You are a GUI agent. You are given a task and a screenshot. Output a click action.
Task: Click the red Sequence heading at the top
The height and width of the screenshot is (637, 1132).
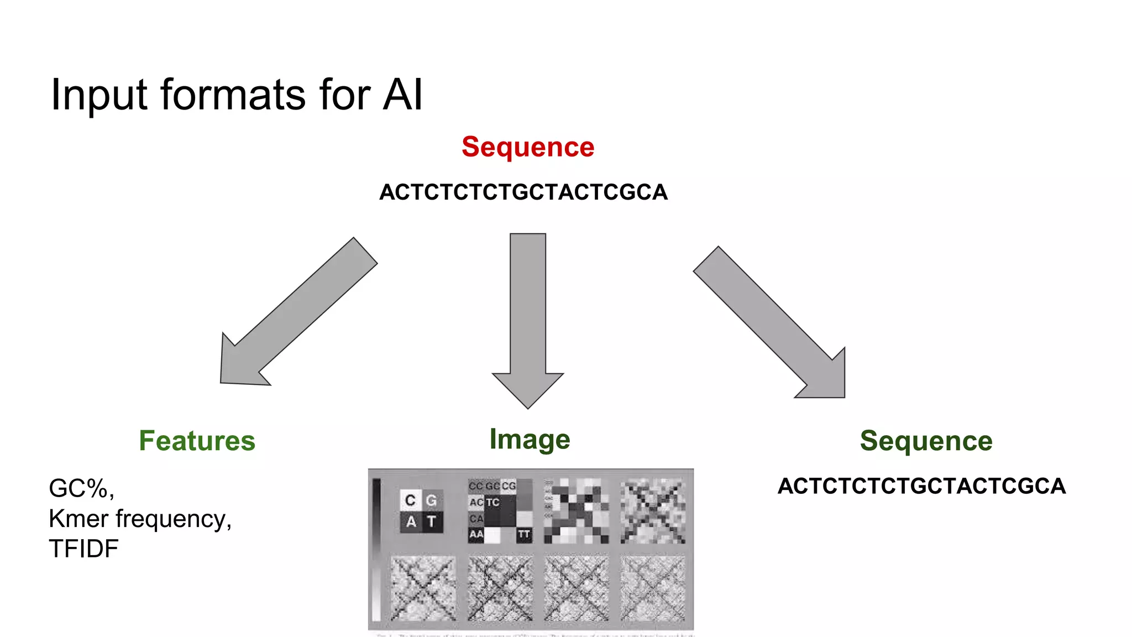[x=528, y=147]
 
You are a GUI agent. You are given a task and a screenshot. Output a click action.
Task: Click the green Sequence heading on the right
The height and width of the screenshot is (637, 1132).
[x=926, y=441]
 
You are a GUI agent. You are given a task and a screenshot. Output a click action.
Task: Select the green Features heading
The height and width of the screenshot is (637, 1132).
[x=197, y=441]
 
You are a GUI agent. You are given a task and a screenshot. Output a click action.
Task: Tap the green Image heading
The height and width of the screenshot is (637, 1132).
[x=530, y=440]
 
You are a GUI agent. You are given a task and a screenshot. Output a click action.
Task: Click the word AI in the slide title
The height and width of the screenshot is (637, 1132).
[x=403, y=95]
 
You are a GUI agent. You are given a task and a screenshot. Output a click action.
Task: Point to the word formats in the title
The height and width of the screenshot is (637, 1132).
[x=233, y=95]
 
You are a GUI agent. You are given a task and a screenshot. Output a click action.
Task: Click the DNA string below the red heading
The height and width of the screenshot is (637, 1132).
[x=523, y=192]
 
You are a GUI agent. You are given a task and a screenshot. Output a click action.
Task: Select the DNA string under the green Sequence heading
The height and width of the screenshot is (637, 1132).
[x=921, y=486]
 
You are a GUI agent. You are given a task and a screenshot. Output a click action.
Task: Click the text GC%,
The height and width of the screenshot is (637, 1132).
[x=81, y=488]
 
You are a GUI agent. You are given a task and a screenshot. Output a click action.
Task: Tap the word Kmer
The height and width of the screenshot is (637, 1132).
[x=78, y=519]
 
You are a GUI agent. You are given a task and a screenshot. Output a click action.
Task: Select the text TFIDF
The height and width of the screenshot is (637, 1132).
[x=83, y=549]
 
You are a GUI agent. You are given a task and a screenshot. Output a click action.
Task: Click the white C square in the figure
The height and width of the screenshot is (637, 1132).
[x=410, y=500]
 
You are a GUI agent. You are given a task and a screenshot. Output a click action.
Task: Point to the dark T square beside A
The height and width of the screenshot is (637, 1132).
[x=432, y=521]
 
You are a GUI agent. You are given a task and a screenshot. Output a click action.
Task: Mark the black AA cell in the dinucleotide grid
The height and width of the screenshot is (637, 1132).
[x=476, y=534]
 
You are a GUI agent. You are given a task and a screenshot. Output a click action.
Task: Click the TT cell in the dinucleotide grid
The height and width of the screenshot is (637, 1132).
[x=524, y=534]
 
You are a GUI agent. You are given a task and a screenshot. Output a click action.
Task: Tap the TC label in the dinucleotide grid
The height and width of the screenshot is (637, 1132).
[x=492, y=502]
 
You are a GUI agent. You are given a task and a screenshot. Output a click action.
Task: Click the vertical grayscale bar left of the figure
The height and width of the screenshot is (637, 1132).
[x=376, y=550]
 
